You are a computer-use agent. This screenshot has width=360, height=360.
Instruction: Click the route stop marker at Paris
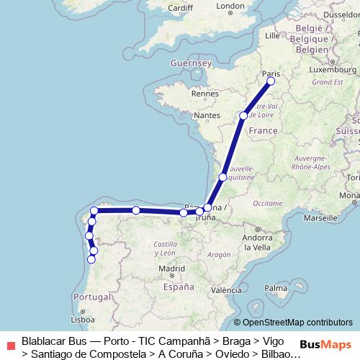271,81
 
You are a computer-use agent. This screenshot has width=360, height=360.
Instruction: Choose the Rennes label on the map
204,94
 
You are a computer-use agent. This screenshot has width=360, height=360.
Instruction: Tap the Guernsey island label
189,63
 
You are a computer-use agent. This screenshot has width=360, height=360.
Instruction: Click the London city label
230,6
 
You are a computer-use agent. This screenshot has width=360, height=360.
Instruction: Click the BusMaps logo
325,345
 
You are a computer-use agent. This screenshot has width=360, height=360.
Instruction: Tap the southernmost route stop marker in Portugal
91,259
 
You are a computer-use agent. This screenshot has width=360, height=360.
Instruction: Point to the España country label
179,287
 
